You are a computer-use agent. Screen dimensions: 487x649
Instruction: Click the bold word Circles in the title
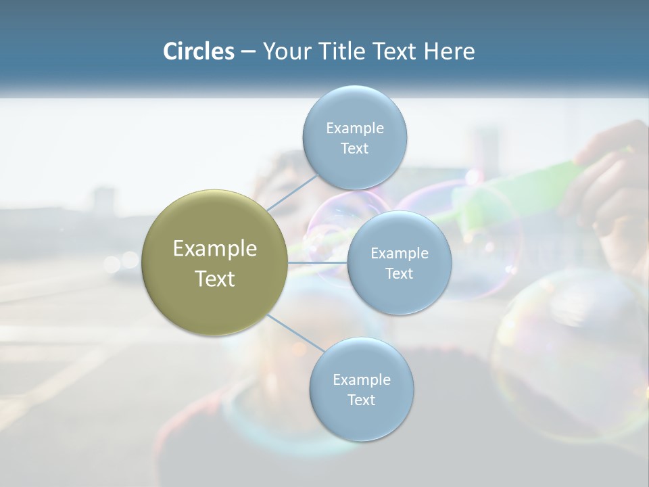[x=199, y=51]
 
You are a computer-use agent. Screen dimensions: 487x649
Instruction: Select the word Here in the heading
[x=449, y=51]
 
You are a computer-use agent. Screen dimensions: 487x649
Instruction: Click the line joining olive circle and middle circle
[x=318, y=262]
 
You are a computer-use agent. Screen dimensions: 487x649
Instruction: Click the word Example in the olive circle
[x=214, y=249]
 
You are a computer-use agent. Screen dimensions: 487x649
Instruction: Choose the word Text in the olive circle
[x=214, y=279]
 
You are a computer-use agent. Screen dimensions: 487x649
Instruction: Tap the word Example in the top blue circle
[x=354, y=129]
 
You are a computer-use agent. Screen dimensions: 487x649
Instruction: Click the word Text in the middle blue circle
[x=399, y=273]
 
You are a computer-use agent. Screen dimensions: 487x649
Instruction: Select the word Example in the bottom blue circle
[x=361, y=379]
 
